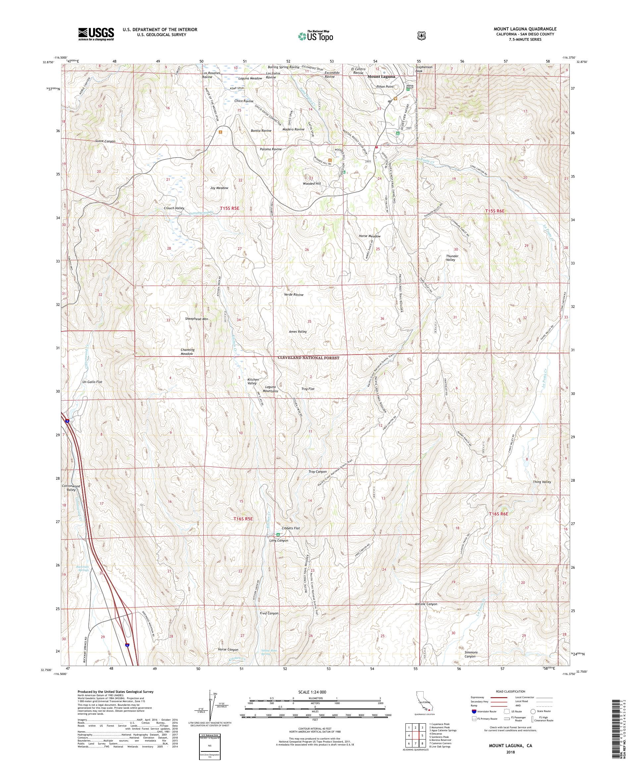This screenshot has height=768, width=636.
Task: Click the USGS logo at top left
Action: (96, 34)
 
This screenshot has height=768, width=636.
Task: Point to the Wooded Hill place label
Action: (311, 184)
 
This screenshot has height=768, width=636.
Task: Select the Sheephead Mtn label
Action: (196, 319)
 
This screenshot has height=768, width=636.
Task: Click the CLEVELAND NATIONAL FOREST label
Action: (308, 358)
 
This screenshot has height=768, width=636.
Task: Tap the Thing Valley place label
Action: (542, 482)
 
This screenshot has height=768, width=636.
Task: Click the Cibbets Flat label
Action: (291, 528)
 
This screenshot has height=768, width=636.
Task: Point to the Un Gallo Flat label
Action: (91, 382)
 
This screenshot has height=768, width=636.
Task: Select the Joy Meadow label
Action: (219, 188)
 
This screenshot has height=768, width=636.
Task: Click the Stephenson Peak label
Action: (424, 69)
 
